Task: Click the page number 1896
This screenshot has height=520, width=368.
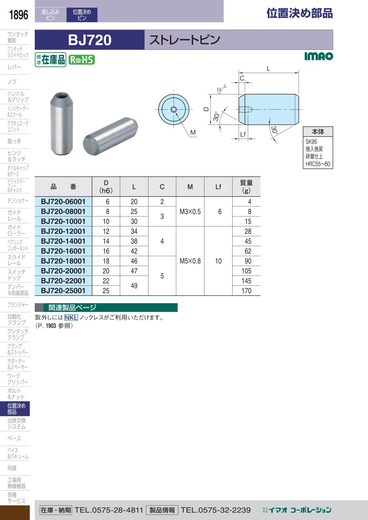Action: click(18, 15)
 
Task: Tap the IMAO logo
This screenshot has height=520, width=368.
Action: click(319, 56)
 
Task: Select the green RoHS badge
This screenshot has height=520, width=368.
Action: click(82, 60)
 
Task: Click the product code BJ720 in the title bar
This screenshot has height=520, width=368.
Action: click(90, 40)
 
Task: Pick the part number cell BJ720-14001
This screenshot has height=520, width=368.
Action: click(63, 241)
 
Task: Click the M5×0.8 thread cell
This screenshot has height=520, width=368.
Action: click(190, 261)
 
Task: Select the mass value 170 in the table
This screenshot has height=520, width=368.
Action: click(246, 291)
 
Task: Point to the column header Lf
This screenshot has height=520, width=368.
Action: click(218, 187)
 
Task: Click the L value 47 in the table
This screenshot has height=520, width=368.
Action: click(134, 271)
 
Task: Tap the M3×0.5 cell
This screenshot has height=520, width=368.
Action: click(190, 211)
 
